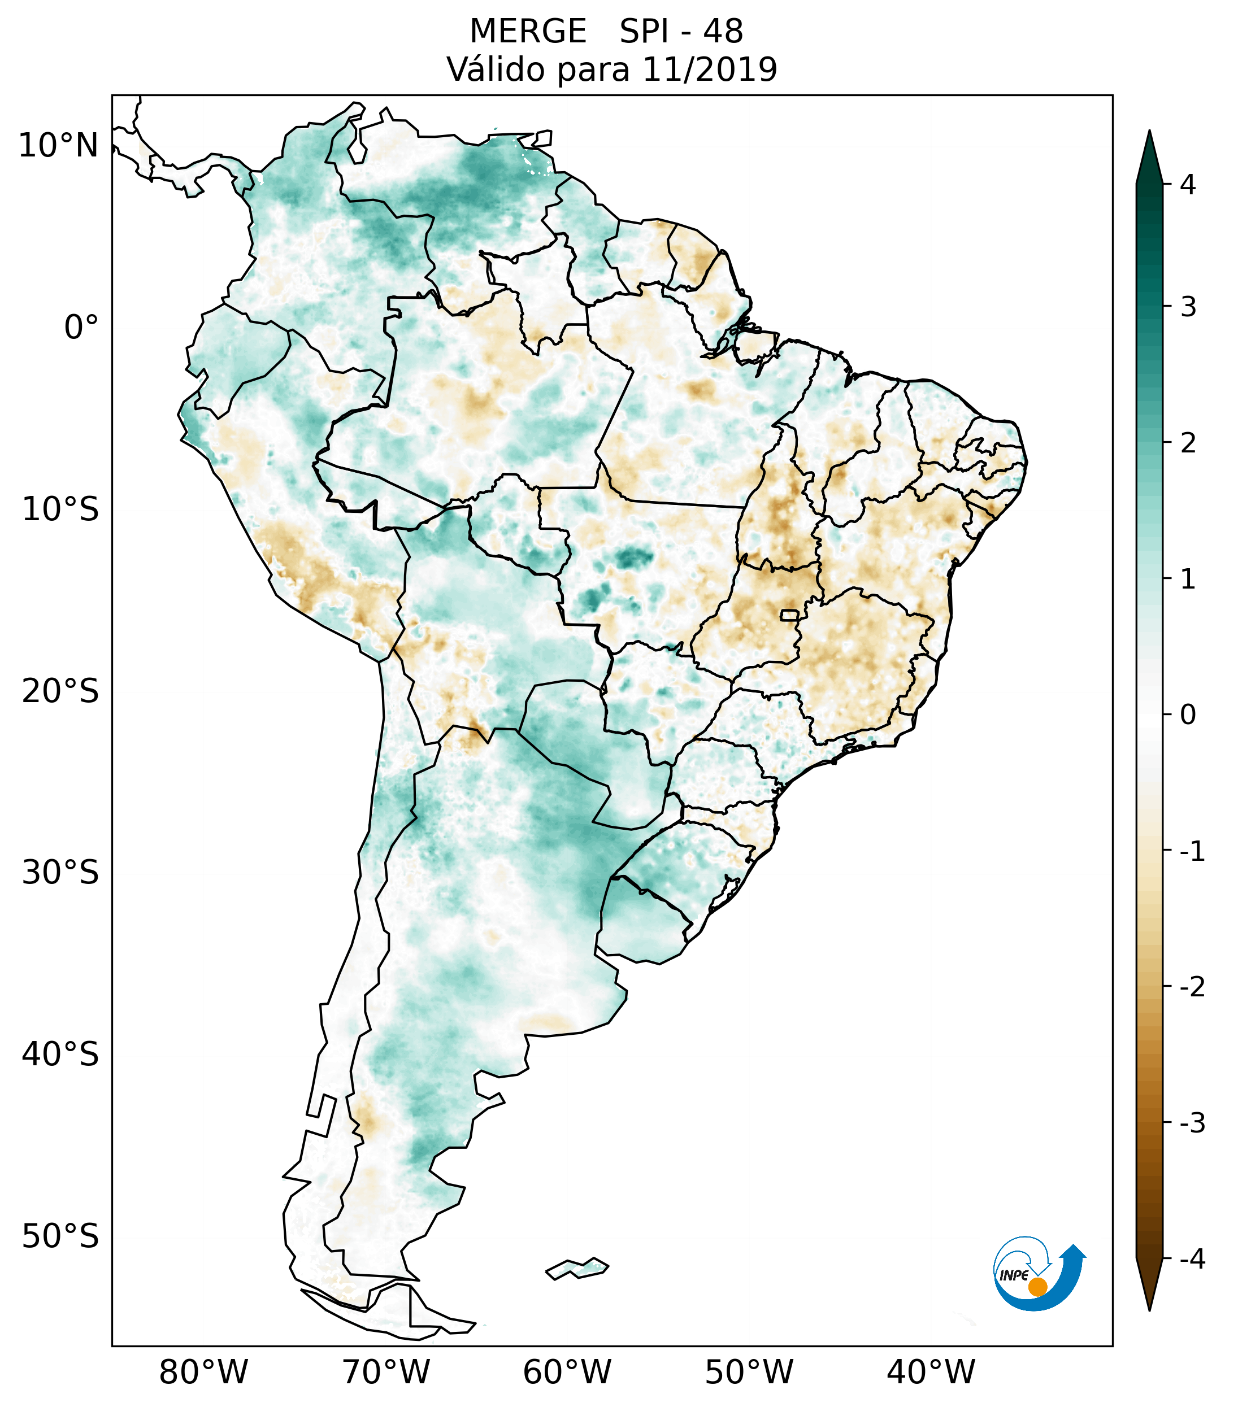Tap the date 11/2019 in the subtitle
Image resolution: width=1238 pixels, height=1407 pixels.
click(710, 69)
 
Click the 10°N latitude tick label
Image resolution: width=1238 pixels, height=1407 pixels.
click(59, 146)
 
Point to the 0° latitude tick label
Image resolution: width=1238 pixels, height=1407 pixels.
click(81, 328)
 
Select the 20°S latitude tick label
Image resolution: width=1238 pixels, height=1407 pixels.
click(60, 691)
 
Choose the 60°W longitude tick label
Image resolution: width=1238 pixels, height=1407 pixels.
click(567, 1373)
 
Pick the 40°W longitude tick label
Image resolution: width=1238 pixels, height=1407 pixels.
click(931, 1373)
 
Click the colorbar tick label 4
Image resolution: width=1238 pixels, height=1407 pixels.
click(1188, 185)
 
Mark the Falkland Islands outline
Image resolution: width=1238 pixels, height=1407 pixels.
click(577, 1268)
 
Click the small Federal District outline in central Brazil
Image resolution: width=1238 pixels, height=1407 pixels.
click(790, 614)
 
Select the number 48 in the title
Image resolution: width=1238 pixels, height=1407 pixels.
click(723, 32)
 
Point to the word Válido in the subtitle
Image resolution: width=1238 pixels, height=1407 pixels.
click(496, 69)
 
